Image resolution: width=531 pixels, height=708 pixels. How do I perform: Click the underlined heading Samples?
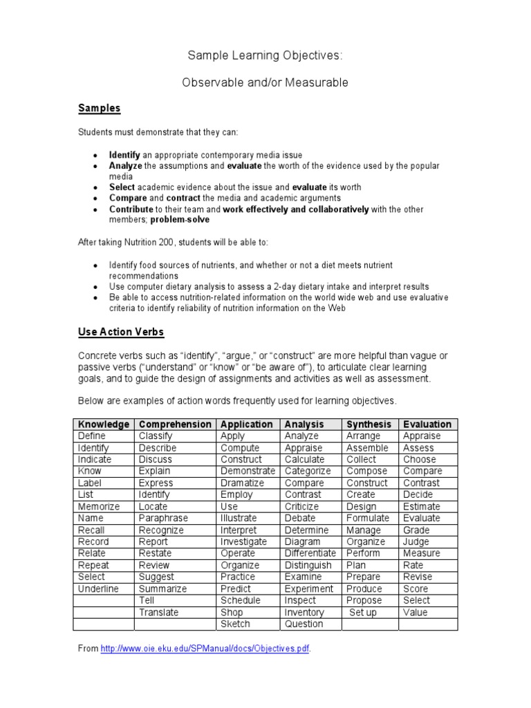click(x=99, y=108)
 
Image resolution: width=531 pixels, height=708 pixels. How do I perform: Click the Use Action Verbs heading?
click(x=120, y=332)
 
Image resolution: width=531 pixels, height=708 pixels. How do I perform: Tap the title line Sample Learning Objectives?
click(x=265, y=55)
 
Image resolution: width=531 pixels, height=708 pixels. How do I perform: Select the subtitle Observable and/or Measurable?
click(x=265, y=83)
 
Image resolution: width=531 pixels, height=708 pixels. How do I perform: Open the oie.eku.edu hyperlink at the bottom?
click(x=205, y=649)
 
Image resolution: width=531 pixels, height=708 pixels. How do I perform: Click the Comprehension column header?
click(x=175, y=425)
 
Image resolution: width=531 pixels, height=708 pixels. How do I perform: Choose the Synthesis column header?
click(x=369, y=425)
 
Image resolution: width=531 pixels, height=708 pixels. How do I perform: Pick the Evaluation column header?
click(x=427, y=425)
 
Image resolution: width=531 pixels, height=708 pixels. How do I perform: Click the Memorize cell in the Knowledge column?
click(x=99, y=507)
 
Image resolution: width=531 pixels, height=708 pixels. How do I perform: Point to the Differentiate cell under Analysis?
click(x=310, y=553)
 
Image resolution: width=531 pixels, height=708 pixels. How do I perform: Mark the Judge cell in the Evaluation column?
click(x=416, y=541)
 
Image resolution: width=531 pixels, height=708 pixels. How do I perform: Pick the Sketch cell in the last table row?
click(x=235, y=624)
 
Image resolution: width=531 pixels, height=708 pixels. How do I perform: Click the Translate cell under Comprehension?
click(x=158, y=612)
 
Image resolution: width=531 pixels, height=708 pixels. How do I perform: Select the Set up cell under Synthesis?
click(x=363, y=612)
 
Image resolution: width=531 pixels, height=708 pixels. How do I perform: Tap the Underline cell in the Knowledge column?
click(x=98, y=588)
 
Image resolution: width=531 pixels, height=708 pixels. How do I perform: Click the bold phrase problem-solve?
click(x=180, y=220)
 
